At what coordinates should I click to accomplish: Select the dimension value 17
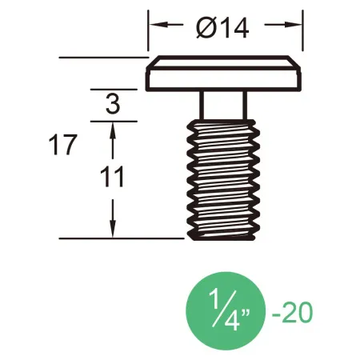tap(63, 146)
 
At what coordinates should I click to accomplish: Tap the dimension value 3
tap(113, 104)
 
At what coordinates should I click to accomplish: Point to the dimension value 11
tap(113, 177)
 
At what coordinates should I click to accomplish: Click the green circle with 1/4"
tap(224, 310)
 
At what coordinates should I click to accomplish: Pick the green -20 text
tap(290, 311)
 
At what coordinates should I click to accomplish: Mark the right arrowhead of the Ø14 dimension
tap(295, 25)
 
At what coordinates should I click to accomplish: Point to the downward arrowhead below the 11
tap(113, 230)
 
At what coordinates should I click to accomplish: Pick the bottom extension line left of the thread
tap(120, 238)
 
